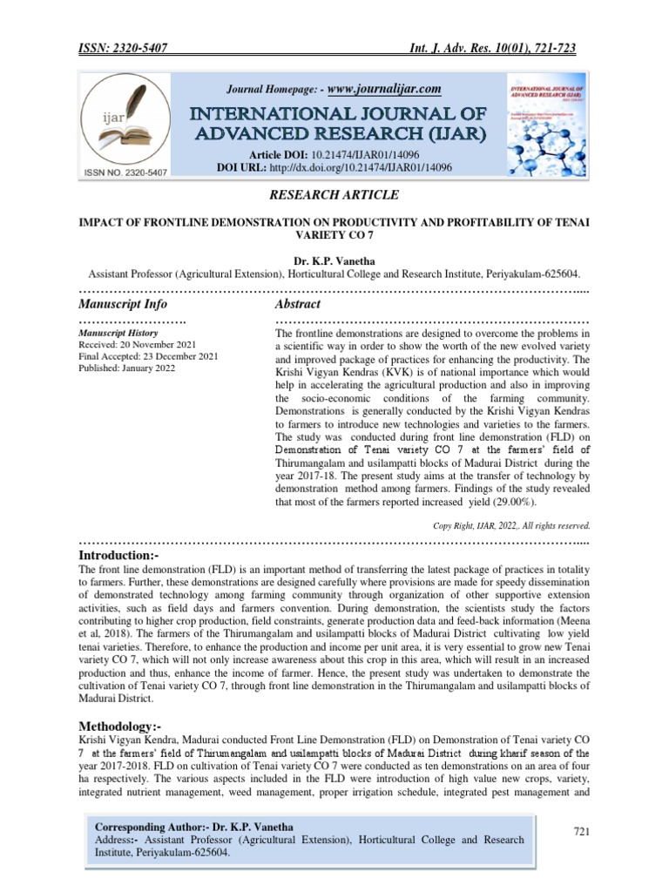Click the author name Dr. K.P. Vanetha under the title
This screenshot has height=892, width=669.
[x=334, y=260]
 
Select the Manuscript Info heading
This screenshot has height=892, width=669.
[x=123, y=304]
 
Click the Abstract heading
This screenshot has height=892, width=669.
[x=298, y=304]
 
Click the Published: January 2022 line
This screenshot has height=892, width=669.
[x=127, y=368]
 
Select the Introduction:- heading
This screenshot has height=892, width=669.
[x=119, y=555]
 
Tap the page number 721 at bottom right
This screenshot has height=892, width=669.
[x=582, y=833]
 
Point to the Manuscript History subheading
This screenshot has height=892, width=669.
[x=118, y=333]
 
